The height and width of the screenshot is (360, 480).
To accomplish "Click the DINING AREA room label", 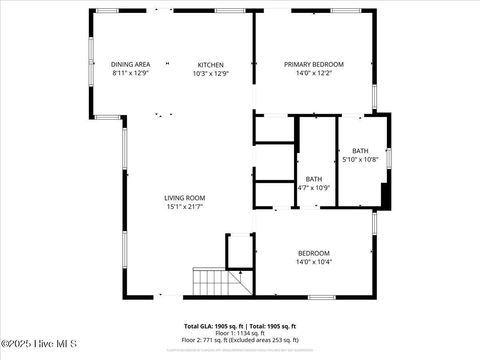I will point(130,64).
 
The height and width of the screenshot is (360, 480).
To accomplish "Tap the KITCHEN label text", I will point(210,64).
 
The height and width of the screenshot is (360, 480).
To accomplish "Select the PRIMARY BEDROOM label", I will point(313,64).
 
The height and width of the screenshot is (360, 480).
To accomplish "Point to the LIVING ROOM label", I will point(185,198).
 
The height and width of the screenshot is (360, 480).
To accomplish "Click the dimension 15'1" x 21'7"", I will point(185,207).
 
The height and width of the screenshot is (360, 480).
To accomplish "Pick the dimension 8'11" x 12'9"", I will point(130,73).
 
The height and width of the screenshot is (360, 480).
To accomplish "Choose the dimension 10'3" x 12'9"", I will point(210,73).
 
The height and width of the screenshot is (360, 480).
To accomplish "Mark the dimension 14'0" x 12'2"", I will point(313,73).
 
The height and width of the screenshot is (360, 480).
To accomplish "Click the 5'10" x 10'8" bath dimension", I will point(360,159).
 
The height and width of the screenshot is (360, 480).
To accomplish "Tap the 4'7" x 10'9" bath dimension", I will point(313,188).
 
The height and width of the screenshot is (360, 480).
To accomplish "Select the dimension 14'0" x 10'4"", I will point(313,262).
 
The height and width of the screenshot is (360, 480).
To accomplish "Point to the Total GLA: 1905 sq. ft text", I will point(210,326).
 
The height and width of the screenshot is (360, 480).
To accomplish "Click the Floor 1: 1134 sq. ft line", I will point(240,333).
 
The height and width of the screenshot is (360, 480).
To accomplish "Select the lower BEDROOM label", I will point(313,253).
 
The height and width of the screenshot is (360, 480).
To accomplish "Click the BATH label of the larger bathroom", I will point(360,150).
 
